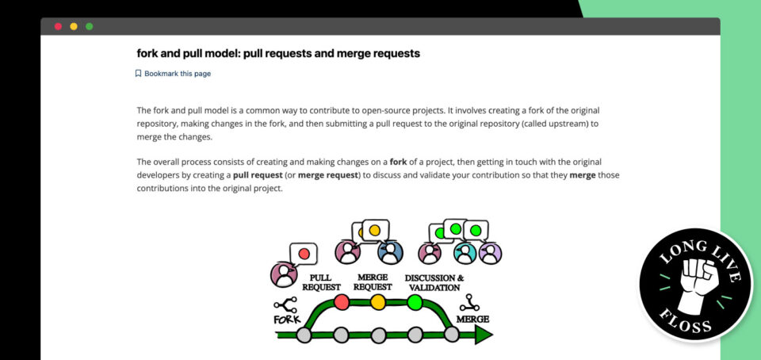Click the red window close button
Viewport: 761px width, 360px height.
click(x=58, y=26)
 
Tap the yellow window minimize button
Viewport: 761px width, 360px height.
click(x=74, y=26)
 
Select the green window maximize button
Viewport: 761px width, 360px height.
click(x=90, y=26)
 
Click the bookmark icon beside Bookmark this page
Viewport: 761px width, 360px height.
click(x=138, y=74)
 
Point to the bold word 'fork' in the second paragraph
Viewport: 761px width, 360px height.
click(x=398, y=162)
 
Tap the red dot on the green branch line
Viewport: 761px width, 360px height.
click(x=342, y=302)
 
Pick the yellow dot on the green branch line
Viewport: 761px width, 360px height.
click(x=378, y=302)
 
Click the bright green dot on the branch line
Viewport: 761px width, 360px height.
click(x=415, y=302)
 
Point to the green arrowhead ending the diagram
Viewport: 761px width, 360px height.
click(x=483, y=335)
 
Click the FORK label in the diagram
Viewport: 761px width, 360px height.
click(x=286, y=320)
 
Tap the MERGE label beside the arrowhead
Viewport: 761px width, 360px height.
click(x=472, y=320)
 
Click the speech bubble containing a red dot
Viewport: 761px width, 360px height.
click(x=303, y=254)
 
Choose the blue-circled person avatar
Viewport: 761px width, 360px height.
click(x=391, y=252)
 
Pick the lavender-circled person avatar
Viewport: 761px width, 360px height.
click(x=490, y=253)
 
